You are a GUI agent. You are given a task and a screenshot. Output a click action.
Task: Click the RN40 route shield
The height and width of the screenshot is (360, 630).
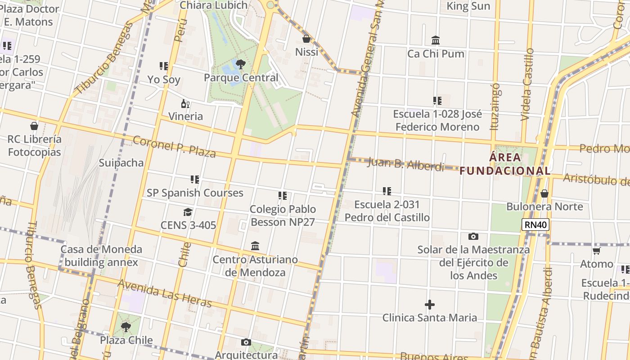point(535,225)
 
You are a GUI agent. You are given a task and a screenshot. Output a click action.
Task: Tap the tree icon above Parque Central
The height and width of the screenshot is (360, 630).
point(241,64)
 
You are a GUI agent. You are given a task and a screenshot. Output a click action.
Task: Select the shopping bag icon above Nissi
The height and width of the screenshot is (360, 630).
point(306,39)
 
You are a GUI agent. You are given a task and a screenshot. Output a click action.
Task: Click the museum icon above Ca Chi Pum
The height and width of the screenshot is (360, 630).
point(436,40)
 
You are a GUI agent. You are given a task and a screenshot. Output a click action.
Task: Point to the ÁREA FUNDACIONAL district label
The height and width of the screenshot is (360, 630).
point(505,164)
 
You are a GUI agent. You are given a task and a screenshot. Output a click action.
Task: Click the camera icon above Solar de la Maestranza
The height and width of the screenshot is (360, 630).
point(473,236)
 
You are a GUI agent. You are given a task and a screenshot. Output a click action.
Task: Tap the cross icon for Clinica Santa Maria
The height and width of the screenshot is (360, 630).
point(430,305)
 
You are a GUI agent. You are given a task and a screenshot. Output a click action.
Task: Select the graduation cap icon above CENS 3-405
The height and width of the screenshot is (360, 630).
point(188,212)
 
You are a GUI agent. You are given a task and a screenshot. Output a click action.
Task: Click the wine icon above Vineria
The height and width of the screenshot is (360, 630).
point(185,104)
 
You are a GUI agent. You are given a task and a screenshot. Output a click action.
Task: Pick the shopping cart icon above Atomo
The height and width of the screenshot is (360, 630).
point(597,251)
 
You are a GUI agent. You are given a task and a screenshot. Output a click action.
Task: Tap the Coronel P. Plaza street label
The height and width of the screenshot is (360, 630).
point(174,146)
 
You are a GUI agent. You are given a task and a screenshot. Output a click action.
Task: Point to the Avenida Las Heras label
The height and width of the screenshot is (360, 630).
point(164,293)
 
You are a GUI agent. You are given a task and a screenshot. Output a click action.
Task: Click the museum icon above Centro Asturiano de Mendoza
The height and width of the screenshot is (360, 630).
point(255,246)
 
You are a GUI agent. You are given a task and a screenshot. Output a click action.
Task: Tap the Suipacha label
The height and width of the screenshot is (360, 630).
point(121,162)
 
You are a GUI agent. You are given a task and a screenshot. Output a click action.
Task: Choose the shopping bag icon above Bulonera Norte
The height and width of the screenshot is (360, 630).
point(544,194)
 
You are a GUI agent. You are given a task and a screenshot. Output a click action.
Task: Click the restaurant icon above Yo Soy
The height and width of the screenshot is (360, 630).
point(164,67)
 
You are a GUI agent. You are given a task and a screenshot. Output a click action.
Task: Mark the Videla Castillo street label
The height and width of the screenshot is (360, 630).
point(527,85)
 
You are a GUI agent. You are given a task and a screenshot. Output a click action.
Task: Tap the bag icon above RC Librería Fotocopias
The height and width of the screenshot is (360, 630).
point(34,126)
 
